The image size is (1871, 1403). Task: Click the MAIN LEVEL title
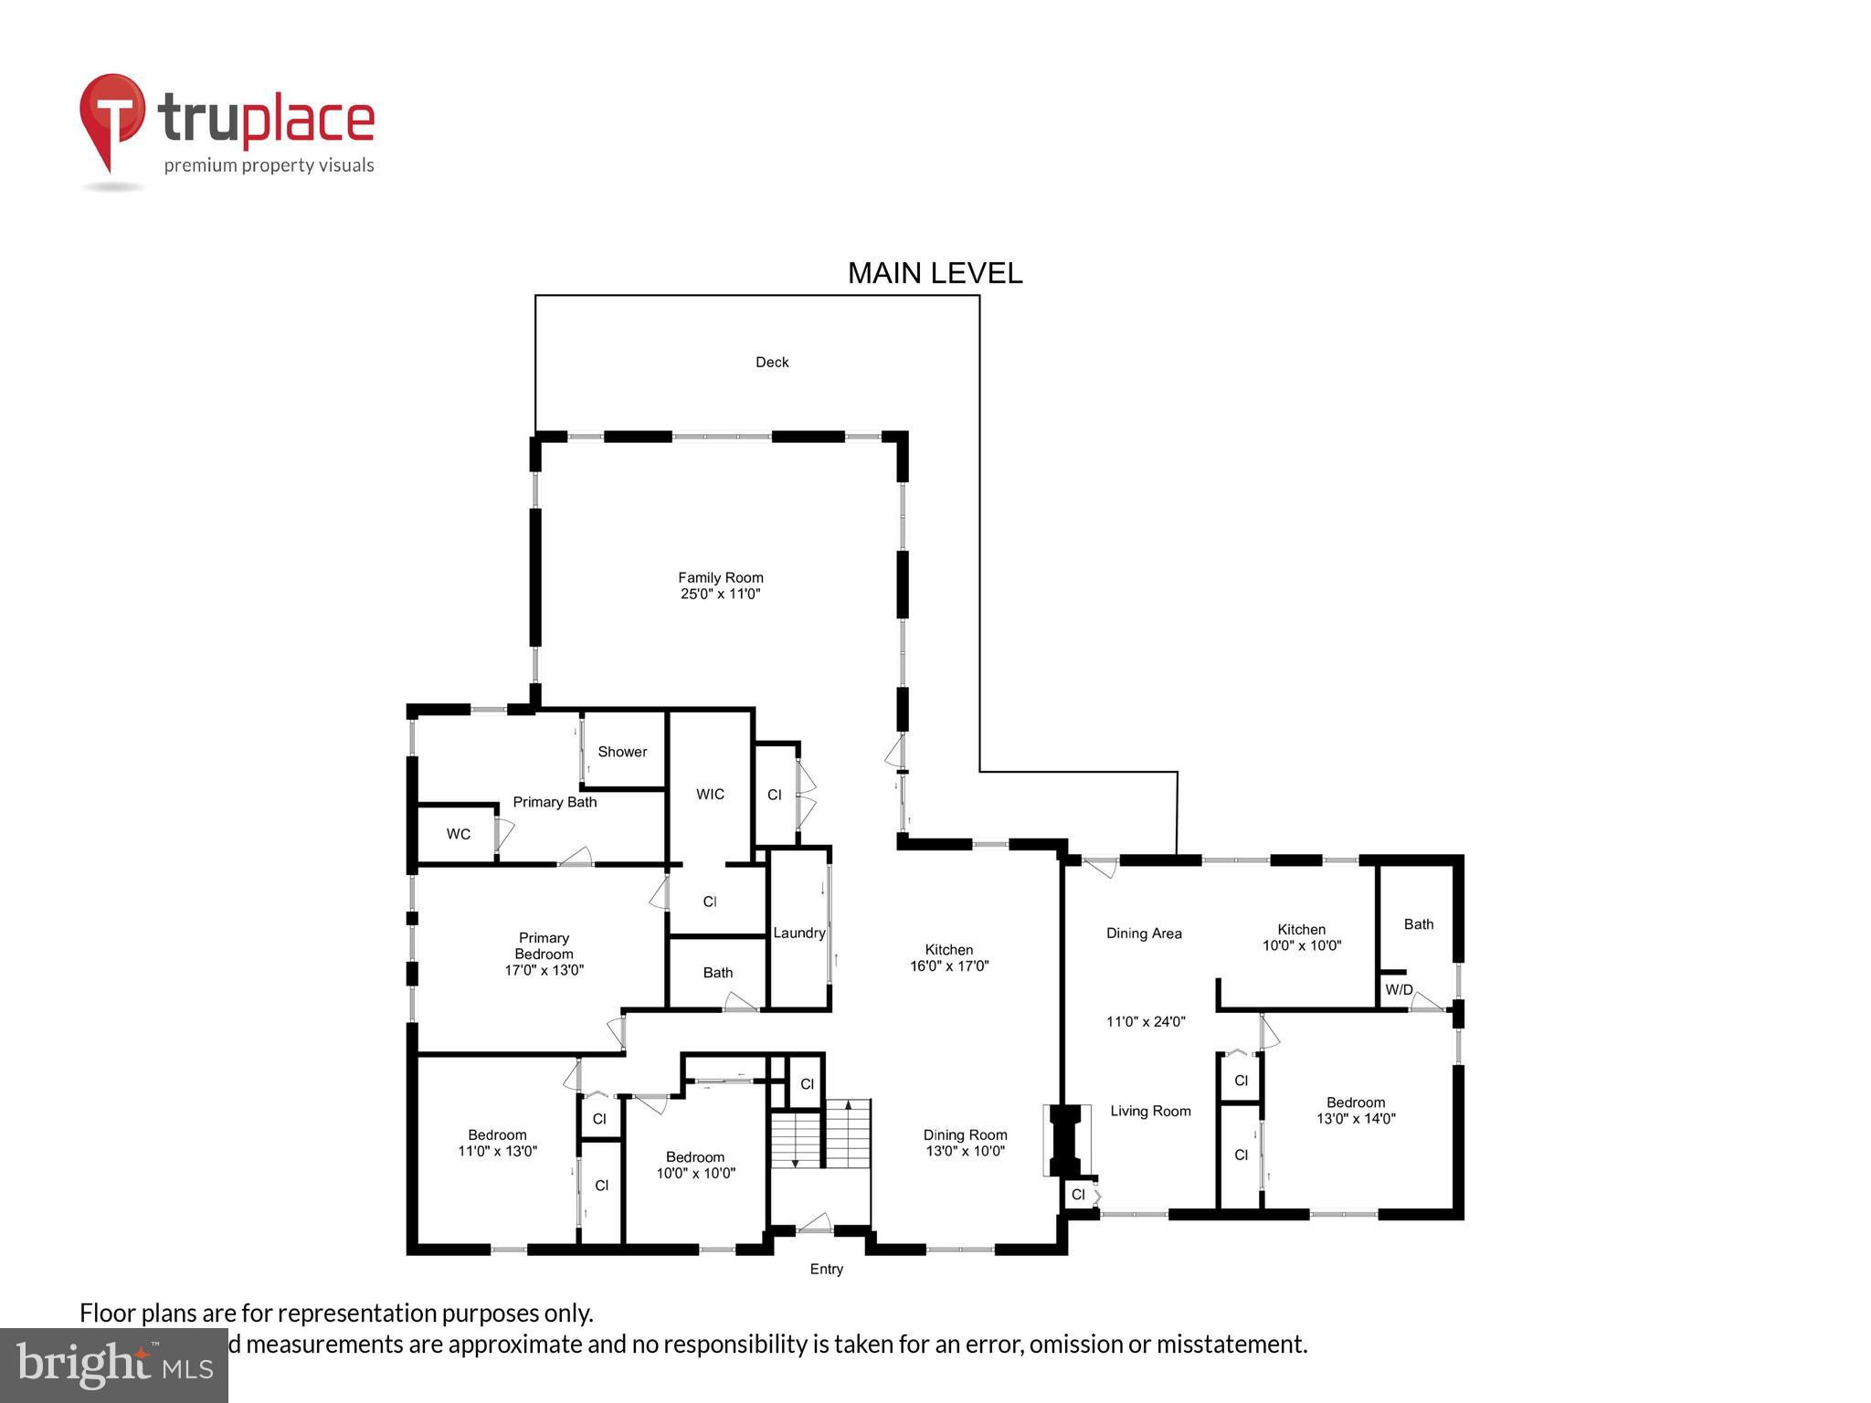click(935, 273)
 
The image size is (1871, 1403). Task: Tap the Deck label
click(772, 363)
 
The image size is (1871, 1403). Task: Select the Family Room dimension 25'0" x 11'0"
click(720, 594)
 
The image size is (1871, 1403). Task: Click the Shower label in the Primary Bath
click(622, 752)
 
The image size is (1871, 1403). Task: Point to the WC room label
click(459, 834)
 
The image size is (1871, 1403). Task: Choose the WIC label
click(710, 794)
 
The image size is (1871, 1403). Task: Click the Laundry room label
click(798, 933)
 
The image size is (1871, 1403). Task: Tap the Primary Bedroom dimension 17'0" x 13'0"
click(544, 970)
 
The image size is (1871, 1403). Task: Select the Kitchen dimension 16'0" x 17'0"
click(949, 965)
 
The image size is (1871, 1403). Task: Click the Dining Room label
click(965, 1134)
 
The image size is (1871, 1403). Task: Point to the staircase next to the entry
click(820, 1134)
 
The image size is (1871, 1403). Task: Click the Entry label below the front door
click(826, 1269)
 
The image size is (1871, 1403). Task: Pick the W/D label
click(1399, 989)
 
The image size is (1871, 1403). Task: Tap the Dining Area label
click(1144, 934)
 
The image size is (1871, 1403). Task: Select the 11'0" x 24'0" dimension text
click(1146, 1022)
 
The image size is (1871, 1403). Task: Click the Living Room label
click(1150, 1111)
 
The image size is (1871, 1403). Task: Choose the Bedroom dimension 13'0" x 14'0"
click(1356, 1118)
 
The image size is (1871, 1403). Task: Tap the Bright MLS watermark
click(113, 1365)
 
